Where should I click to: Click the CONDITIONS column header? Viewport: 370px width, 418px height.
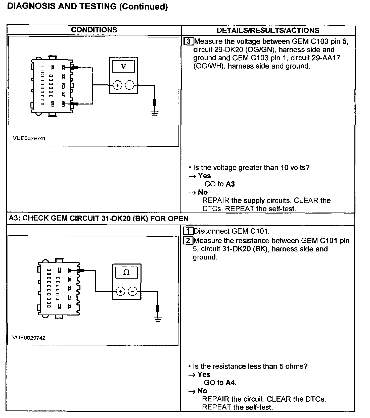[94, 30]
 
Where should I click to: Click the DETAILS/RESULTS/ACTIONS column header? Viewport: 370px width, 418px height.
[268, 30]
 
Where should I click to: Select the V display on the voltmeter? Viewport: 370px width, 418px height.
[123, 66]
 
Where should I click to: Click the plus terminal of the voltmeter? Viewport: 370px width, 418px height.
[117, 85]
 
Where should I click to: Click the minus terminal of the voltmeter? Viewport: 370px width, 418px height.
[129, 85]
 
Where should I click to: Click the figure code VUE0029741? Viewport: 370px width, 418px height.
[29, 138]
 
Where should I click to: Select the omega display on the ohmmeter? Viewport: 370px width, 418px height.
[126, 272]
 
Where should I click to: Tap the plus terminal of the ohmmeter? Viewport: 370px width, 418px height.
[120, 291]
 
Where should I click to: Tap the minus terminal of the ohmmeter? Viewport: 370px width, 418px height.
[133, 291]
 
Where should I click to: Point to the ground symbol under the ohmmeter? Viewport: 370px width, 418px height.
[158, 320]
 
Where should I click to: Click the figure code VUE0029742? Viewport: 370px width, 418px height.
[29, 338]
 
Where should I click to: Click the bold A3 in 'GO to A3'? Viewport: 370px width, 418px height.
[230, 184]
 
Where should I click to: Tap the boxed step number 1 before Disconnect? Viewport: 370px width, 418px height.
[188, 231]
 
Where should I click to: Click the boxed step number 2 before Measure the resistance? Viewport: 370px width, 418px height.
[188, 241]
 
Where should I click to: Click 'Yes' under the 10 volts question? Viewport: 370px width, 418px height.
[204, 176]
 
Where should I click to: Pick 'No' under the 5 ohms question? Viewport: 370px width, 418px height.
[202, 391]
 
